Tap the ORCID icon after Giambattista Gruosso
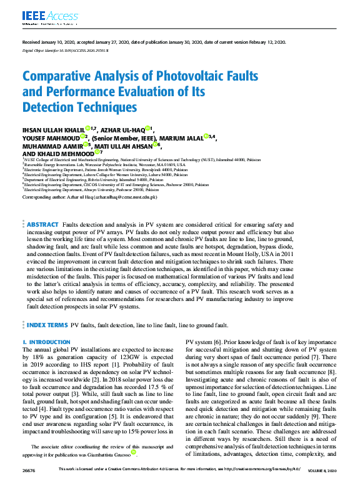click(x=134, y=452)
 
